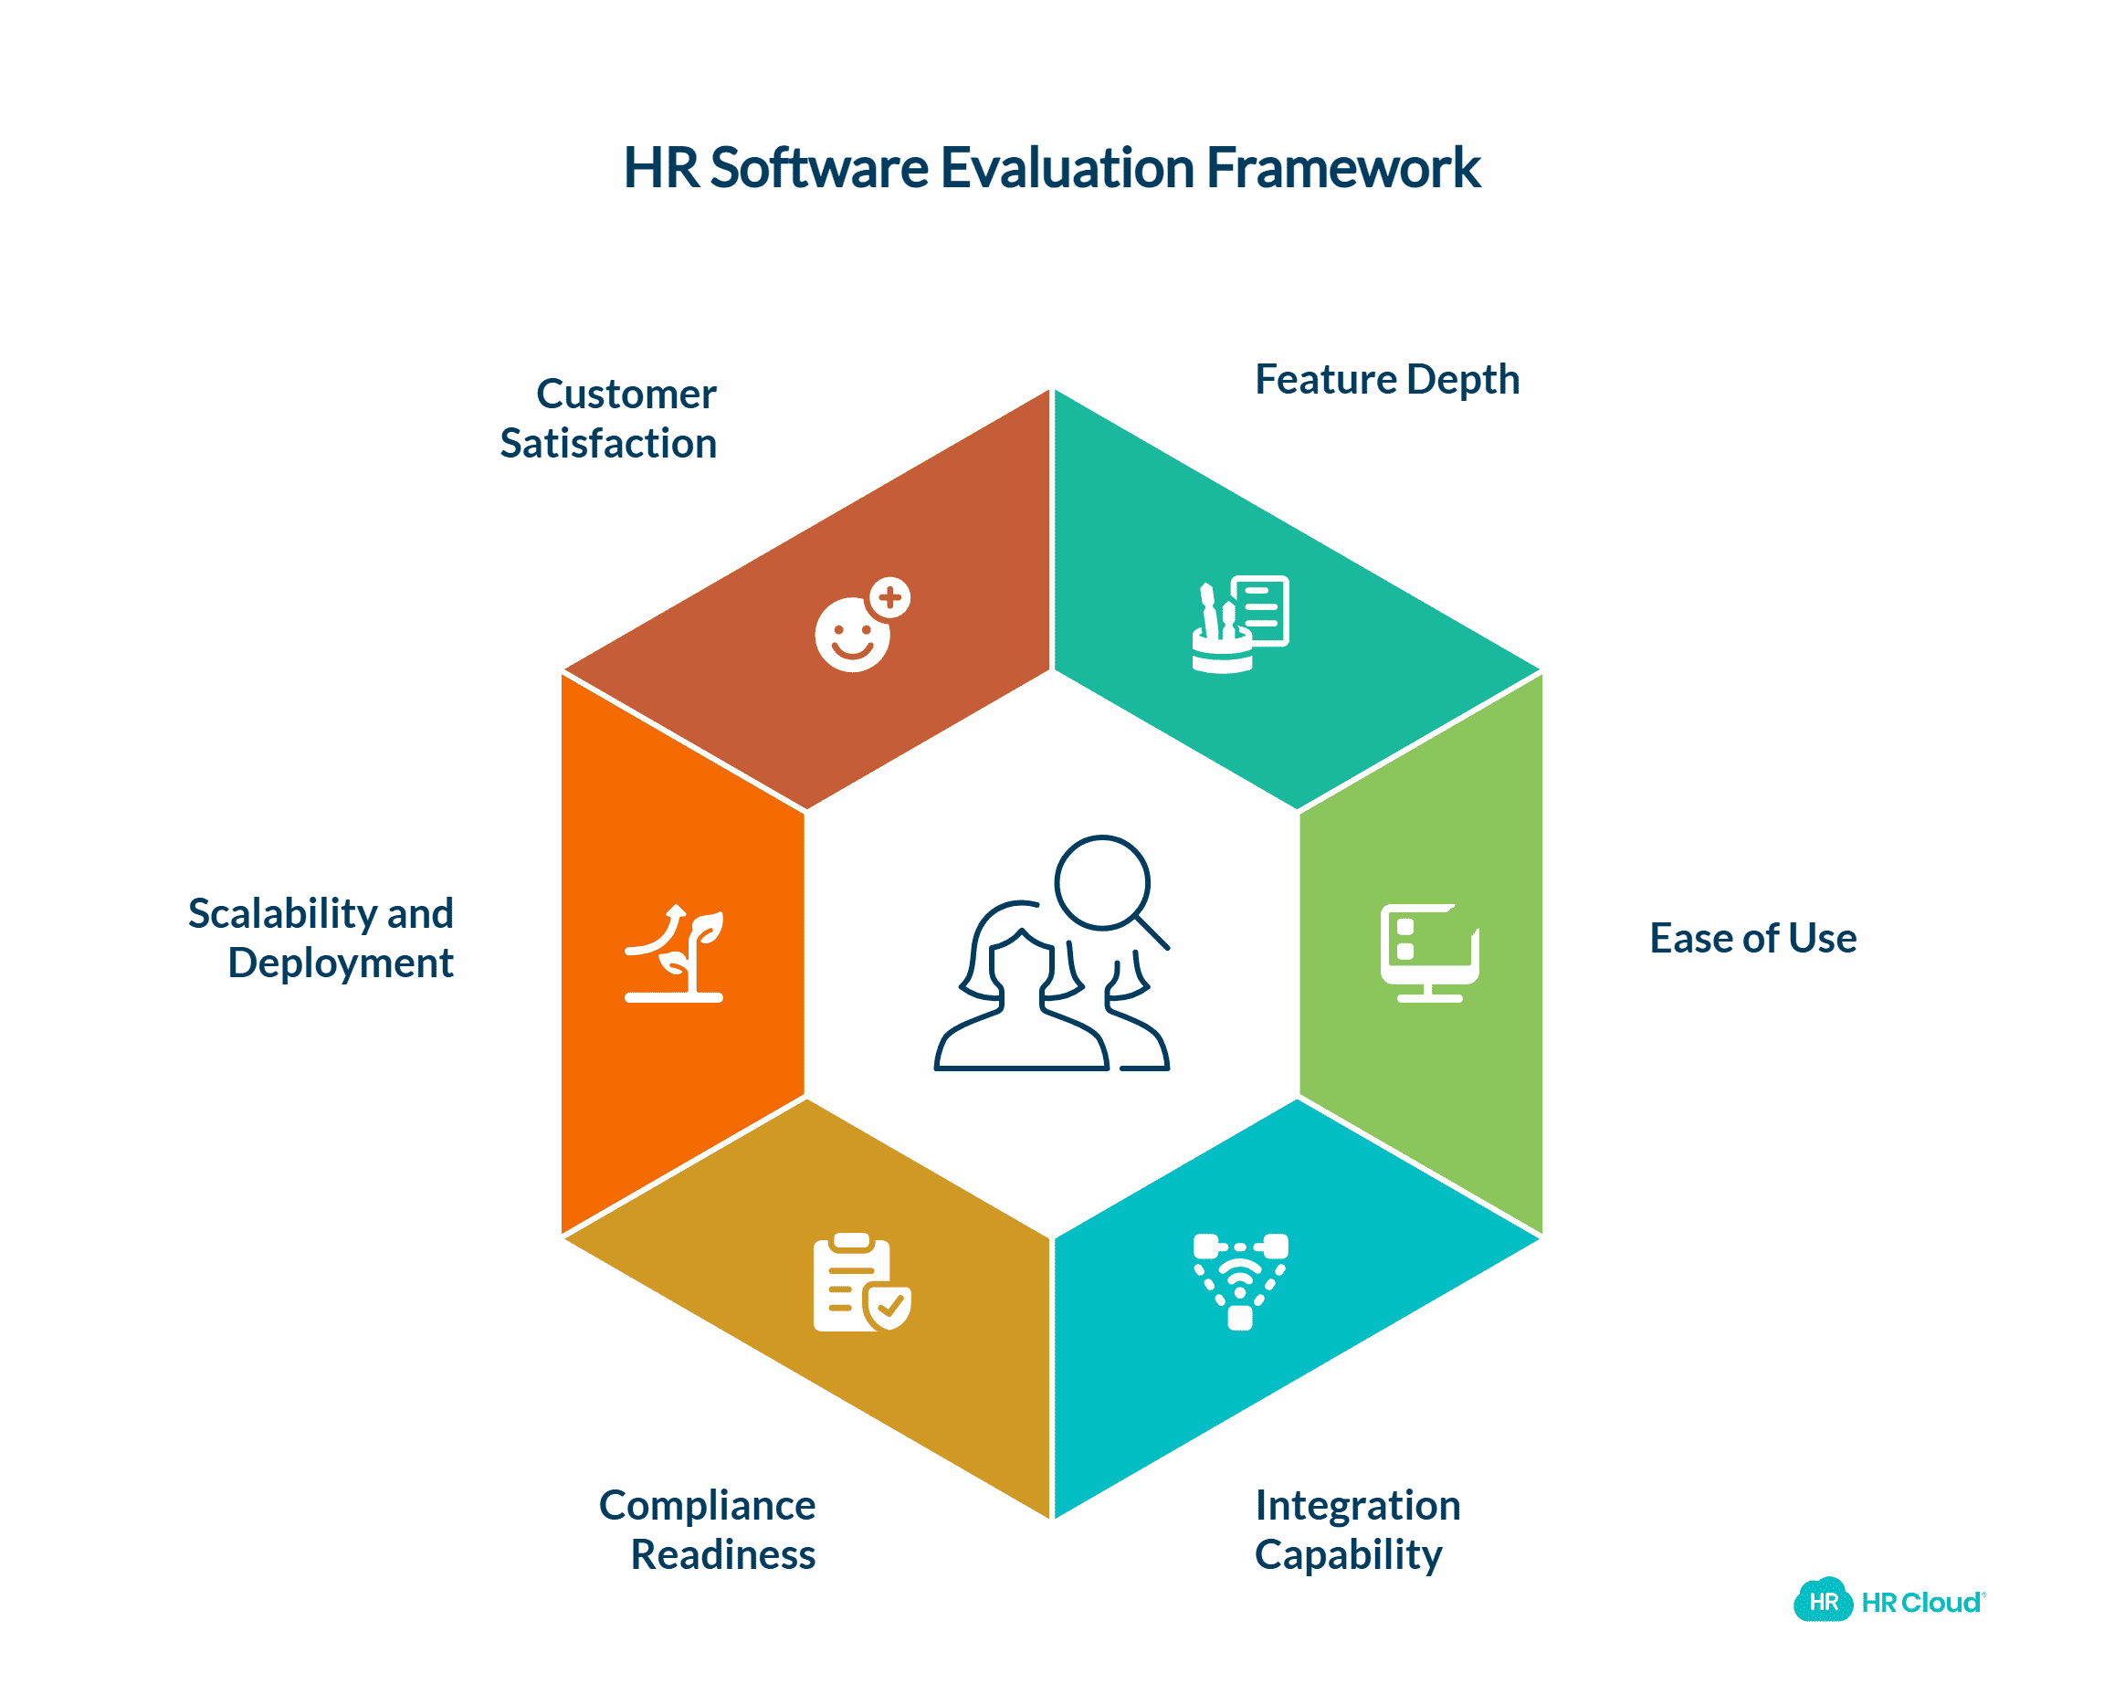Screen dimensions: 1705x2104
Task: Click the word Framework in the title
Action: pyautogui.click(x=1341, y=168)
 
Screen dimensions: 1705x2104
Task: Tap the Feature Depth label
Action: pyautogui.click(x=1386, y=379)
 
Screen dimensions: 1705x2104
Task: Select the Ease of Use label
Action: pyautogui.click(x=1752, y=938)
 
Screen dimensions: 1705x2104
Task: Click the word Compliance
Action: pyautogui.click(x=706, y=1505)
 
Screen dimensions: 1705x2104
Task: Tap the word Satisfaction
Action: pyautogui.click(x=608, y=443)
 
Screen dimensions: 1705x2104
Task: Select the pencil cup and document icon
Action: pyautogui.click(x=1239, y=625)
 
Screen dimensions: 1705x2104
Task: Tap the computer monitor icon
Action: pyautogui.click(x=1428, y=952)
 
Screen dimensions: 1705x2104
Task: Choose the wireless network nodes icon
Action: pyautogui.click(x=1239, y=1280)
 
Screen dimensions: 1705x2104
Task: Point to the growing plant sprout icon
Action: pyautogui.click(x=674, y=952)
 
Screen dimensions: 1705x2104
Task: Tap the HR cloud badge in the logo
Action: pyautogui.click(x=1822, y=1602)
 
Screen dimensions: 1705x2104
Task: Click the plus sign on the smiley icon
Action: pyautogui.click(x=890, y=597)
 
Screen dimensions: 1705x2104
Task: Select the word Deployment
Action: pyautogui.click(x=340, y=963)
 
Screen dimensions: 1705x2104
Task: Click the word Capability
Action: pyautogui.click(x=1348, y=1554)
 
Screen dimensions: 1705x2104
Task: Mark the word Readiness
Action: pyautogui.click(x=722, y=1554)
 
